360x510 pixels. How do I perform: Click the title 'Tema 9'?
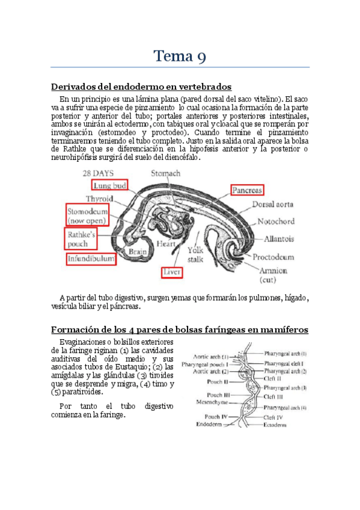coord(180,57)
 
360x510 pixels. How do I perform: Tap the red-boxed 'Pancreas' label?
coord(248,190)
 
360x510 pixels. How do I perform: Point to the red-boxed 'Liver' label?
coord(171,272)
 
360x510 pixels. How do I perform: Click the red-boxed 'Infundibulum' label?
coord(91,259)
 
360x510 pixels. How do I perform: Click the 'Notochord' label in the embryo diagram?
coord(276,222)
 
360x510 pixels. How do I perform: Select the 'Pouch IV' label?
coord(215,416)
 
